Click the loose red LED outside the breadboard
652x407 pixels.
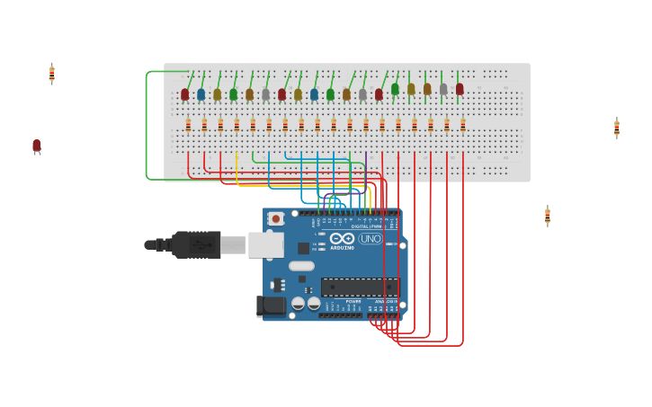[37, 146]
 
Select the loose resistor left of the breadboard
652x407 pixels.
[52, 74]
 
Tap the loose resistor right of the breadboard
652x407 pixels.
[616, 128]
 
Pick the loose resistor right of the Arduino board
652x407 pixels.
[547, 216]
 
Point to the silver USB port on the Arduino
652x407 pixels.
[265, 244]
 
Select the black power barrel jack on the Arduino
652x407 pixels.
[271, 306]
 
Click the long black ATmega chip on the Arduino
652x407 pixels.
[360, 288]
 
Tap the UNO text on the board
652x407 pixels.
[371, 239]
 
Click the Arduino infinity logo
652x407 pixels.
[342, 239]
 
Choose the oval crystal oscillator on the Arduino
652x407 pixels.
[301, 266]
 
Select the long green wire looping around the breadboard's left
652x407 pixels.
[147, 126]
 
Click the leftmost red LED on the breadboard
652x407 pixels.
[185, 94]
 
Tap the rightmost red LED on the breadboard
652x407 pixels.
[460, 89]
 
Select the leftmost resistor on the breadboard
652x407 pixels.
[188, 125]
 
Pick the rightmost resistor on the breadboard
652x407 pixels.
[463, 125]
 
